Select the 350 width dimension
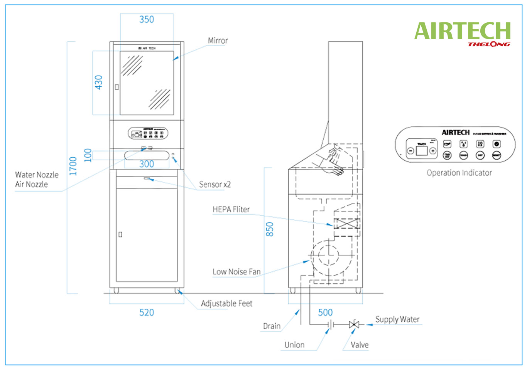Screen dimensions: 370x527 147,20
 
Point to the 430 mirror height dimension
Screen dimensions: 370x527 99,82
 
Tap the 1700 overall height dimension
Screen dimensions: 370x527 73,166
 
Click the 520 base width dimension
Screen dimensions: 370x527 147,313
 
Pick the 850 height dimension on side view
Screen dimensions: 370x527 270,229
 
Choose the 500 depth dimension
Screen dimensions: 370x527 325,313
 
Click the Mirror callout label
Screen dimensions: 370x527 218,40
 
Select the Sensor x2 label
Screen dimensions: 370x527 215,185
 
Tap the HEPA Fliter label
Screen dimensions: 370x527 231,209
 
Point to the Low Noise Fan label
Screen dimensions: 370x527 236,272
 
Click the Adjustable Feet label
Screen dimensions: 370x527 226,304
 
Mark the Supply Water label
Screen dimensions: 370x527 397,320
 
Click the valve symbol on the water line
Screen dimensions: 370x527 354,325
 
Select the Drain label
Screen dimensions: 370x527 272,326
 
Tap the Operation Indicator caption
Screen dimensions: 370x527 459,173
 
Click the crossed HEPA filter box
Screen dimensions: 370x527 346,224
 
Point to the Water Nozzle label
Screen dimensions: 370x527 37,175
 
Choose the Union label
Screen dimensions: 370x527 294,345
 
